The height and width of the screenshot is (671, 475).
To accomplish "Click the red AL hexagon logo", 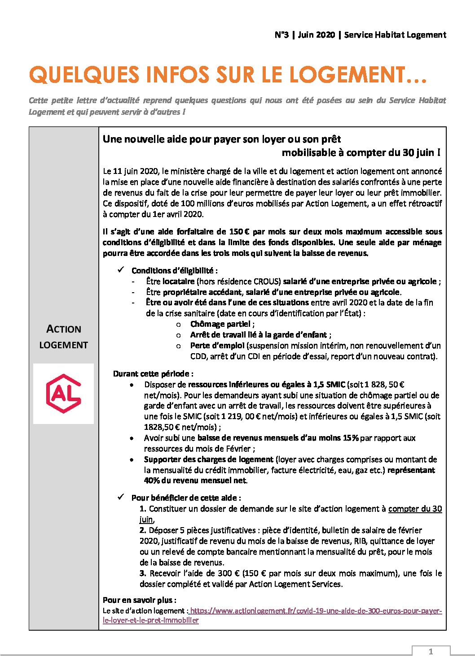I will (63, 393).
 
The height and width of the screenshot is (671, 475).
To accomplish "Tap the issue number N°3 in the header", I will (281, 35).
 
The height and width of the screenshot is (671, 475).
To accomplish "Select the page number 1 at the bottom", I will (431, 651).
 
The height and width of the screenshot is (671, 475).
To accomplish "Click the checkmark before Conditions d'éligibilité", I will (121, 270).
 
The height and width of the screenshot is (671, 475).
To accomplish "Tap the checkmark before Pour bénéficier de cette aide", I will (121, 497).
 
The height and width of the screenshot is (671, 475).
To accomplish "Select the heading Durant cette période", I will (153, 374).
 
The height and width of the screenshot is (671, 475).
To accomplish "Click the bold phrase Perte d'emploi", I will (217, 346).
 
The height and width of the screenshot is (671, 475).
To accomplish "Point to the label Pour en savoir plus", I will (139, 600).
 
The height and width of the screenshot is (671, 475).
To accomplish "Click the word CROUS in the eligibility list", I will (267, 281).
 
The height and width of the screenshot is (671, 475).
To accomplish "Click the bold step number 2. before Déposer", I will (143, 530).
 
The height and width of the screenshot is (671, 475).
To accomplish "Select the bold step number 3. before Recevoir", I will (143, 573).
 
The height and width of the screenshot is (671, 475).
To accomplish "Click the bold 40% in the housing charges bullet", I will (151, 481).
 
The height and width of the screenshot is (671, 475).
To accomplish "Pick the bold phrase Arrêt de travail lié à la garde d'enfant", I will (259, 335).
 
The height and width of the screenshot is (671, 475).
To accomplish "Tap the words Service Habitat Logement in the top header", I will (395, 35).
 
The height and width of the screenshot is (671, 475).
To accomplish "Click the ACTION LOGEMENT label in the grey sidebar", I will (63, 337).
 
